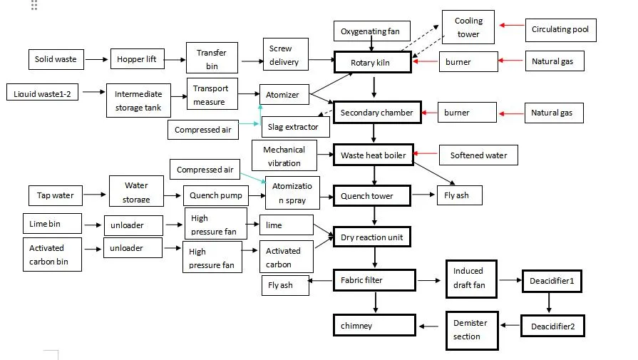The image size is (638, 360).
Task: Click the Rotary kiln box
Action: click(x=372, y=63)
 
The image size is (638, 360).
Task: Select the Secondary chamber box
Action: click(x=376, y=113)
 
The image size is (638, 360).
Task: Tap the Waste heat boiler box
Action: click(x=374, y=155)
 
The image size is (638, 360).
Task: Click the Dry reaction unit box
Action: click(x=372, y=237)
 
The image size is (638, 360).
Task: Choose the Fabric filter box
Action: click(x=374, y=280)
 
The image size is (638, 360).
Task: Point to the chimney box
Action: click(x=374, y=326)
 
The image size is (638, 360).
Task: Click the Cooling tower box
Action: click(x=468, y=28)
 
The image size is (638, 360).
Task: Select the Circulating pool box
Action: click(x=560, y=30)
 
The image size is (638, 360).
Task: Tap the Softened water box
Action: click(x=478, y=155)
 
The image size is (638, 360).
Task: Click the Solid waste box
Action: click(x=56, y=59)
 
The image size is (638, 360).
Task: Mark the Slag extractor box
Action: click(x=295, y=127)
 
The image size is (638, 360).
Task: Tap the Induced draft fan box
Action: click(x=468, y=278)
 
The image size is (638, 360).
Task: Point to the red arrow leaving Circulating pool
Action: click(x=511, y=26)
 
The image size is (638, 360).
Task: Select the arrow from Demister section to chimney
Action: click(x=431, y=326)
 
